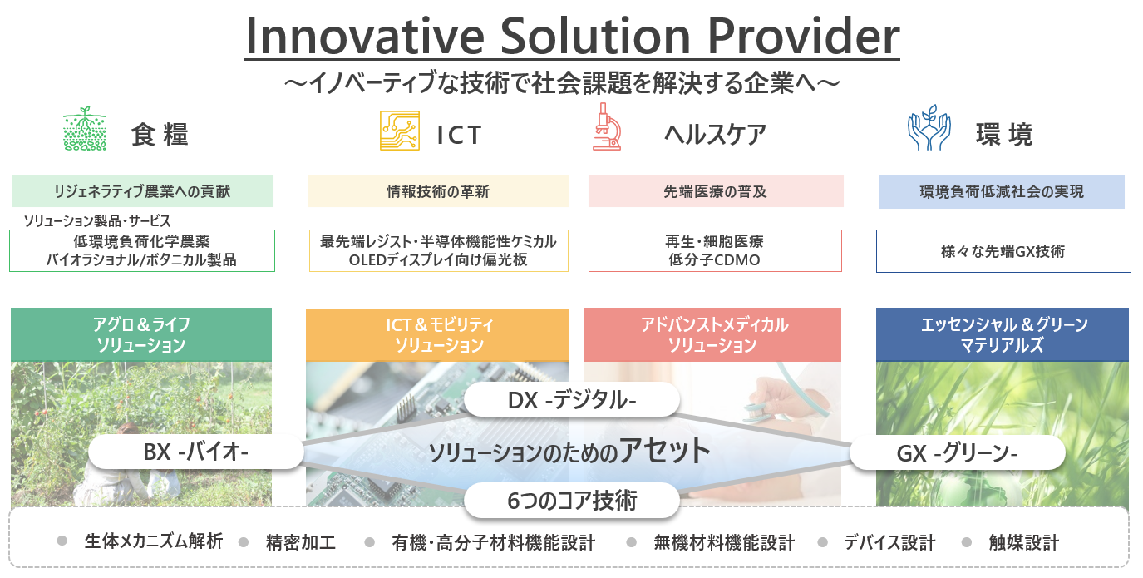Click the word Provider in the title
(803, 37)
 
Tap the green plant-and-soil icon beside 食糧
(85, 128)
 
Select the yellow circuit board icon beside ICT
(400, 131)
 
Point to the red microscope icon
(606, 126)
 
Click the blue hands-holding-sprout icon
(929, 127)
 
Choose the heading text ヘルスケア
(715, 135)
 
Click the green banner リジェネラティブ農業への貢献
(143, 191)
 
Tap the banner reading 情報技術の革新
(438, 191)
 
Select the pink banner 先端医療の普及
(716, 191)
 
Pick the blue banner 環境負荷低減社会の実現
(1002, 192)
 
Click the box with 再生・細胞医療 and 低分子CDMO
(715, 250)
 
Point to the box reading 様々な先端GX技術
(1003, 251)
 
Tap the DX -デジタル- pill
(572, 400)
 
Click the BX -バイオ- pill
(196, 452)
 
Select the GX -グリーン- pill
(958, 453)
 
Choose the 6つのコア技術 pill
(572, 501)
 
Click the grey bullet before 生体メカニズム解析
(62, 541)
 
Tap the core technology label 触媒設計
(1023, 542)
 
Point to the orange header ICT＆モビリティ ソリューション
(437, 335)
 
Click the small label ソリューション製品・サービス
(97, 220)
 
